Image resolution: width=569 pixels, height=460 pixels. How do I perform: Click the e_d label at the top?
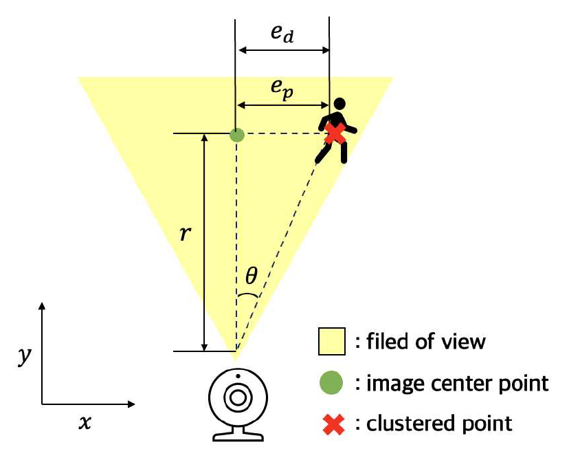pos(282,34)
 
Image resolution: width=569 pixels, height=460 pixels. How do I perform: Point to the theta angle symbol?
pos(252,276)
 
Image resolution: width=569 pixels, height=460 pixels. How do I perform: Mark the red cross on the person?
pos(335,133)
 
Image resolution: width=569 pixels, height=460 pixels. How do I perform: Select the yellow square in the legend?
pos(331,342)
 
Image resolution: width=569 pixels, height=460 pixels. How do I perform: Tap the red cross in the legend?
pos(331,423)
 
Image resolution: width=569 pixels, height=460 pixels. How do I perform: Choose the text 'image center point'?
pos(455,383)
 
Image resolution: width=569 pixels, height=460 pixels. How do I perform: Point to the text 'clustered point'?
pos(437,423)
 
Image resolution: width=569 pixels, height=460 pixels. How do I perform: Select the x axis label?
pos(85,423)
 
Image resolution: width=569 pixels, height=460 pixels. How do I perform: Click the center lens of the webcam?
pos(237,397)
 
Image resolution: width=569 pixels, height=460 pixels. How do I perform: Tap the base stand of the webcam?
pos(237,434)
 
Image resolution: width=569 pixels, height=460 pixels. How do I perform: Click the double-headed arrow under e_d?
pos(283,50)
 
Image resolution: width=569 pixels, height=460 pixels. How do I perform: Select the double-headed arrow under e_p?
pos(283,105)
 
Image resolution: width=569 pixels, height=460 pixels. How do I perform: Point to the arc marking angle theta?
pos(249,295)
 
